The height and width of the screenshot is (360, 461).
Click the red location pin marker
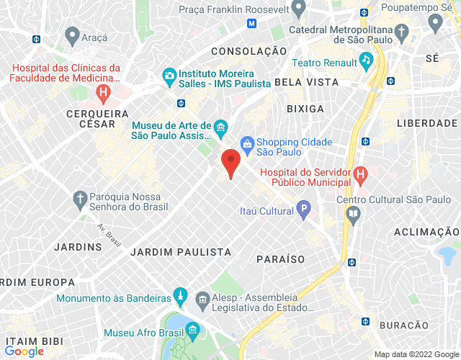(x=230, y=163)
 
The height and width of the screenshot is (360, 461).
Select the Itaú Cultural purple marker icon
(x=304, y=211)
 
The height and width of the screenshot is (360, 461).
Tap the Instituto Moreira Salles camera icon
(x=169, y=75)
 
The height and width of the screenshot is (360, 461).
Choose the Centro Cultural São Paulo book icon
(x=353, y=213)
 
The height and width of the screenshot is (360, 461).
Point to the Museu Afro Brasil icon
(x=192, y=330)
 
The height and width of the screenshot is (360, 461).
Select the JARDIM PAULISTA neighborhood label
(x=181, y=252)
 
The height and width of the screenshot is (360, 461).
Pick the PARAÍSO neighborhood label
(x=280, y=258)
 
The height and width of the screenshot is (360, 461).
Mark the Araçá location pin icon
(x=71, y=34)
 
